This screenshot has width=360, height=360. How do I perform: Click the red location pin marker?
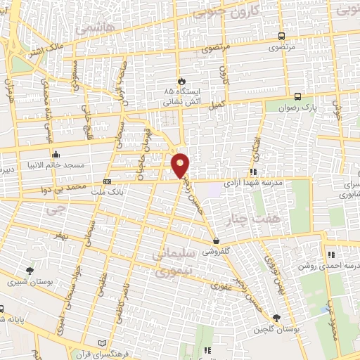click(x=181, y=165)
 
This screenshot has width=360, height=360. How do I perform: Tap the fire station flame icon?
click(x=181, y=81)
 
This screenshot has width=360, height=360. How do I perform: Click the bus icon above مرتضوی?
click(x=281, y=37)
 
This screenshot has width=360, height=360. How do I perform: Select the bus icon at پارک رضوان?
click(x=299, y=97)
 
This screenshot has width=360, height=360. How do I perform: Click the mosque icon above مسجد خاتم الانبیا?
click(x=56, y=153)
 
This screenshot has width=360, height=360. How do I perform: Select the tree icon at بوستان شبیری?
click(x=30, y=270)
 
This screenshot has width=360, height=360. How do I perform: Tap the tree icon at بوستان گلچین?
click(x=277, y=318)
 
